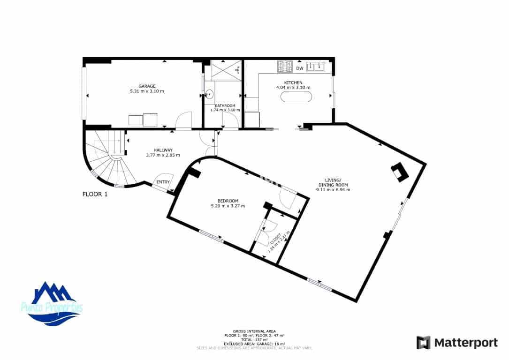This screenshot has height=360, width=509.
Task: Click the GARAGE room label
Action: pyautogui.click(x=147, y=86)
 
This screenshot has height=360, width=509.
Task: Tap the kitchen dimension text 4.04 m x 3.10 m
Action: pyautogui.click(x=293, y=88)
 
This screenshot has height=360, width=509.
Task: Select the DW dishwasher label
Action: pyautogui.click(x=299, y=69)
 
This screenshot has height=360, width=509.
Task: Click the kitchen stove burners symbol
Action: pyautogui.click(x=285, y=67)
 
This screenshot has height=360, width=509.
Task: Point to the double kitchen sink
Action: pyautogui.click(x=316, y=67)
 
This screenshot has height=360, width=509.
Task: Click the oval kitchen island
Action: pyautogui.click(x=296, y=97)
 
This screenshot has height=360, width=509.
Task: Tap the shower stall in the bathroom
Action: pyautogui.click(x=226, y=71)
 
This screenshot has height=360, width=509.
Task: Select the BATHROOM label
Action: pyautogui.click(x=225, y=106)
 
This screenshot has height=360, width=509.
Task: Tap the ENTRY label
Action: pyautogui.click(x=163, y=182)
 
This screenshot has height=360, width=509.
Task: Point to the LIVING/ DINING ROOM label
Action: pyautogui.click(x=333, y=182)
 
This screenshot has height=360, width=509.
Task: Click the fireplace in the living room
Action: pyautogui.click(x=400, y=172)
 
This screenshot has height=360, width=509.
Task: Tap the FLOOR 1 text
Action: pyautogui.click(x=95, y=194)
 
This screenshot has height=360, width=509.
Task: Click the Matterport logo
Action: pyautogui.click(x=457, y=343)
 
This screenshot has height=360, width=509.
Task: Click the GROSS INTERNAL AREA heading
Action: pyautogui.click(x=254, y=330)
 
